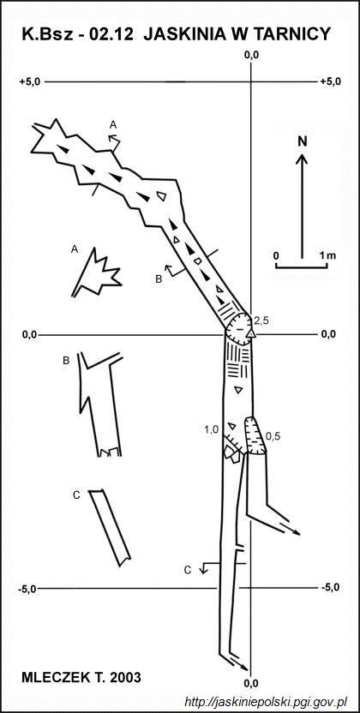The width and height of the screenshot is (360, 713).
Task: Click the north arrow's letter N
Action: [x=303, y=141]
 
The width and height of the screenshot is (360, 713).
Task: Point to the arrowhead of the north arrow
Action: [x=303, y=159]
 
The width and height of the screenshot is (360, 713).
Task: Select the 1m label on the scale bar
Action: [x=327, y=255]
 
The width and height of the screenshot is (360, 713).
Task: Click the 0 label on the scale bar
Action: [x=276, y=255]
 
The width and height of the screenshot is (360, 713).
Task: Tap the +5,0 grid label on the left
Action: [x=30, y=82]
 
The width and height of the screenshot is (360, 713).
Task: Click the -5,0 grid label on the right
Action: [x=331, y=587]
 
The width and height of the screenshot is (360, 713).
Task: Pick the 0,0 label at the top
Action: [x=251, y=56]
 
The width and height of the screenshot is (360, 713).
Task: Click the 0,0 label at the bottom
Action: [x=251, y=683]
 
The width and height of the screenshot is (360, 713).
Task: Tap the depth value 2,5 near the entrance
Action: [x=261, y=321]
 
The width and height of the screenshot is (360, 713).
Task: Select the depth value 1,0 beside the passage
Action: [x=212, y=428]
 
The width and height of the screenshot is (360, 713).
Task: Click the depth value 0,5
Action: [x=273, y=436]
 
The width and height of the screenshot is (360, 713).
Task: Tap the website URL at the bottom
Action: [x=266, y=701]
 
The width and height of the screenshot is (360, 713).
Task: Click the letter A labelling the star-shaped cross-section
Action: [x=75, y=249]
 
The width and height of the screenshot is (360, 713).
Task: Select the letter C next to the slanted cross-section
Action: [x=76, y=495]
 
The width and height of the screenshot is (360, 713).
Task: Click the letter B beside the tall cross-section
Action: [x=66, y=361]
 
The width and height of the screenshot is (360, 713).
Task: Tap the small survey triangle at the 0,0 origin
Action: [x=251, y=334]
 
